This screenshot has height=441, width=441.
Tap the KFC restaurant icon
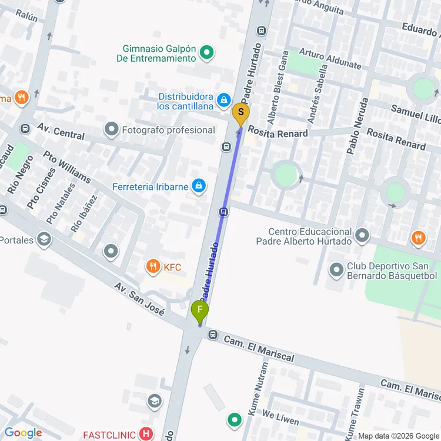click(153, 267)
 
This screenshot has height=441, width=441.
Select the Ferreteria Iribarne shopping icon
click(199, 186)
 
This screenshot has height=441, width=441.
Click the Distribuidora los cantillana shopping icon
click(223, 101)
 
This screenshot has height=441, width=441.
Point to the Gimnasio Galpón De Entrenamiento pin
click(206, 54)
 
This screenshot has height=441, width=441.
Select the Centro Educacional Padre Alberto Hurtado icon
click(362, 236)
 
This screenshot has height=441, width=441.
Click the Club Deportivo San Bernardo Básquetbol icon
click(336, 270)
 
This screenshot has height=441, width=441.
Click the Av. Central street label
click(61, 131)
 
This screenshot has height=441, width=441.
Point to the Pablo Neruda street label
click(358, 126)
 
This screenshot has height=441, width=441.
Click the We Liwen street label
click(280, 417)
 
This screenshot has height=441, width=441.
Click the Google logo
click(24, 433)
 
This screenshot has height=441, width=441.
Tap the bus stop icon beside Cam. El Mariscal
click(213, 335)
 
